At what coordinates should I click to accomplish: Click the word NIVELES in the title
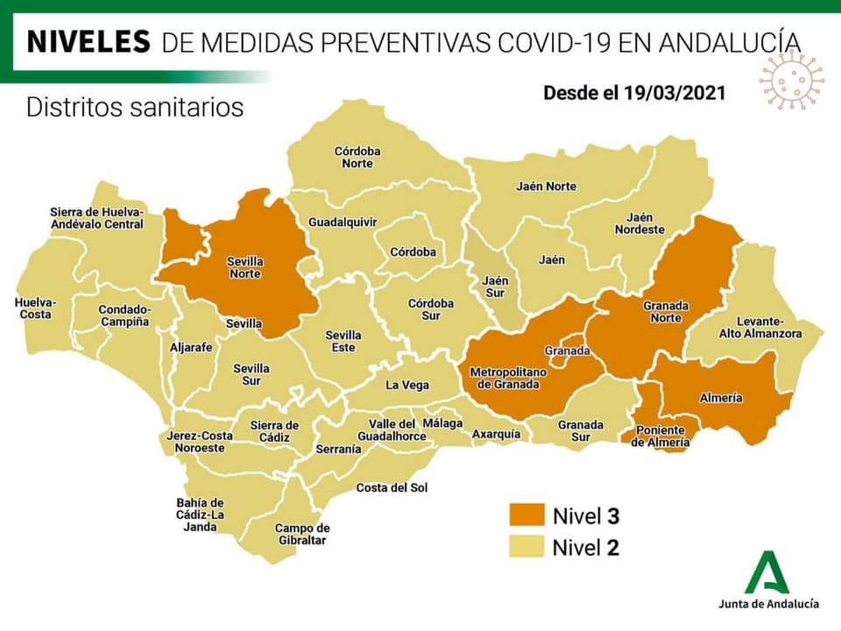[86, 41]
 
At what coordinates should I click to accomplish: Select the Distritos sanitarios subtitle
[135, 108]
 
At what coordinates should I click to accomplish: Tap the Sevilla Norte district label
[245, 267]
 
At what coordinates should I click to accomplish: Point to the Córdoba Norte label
[357, 157]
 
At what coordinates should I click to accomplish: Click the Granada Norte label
[667, 311]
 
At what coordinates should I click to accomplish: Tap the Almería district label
[721, 398]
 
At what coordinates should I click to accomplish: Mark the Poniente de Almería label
[661, 436]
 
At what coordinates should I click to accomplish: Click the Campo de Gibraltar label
[301, 534]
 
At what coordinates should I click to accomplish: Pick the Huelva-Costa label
[35, 308]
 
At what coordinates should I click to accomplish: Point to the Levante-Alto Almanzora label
[760, 326]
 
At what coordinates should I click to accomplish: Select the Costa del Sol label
[386, 487]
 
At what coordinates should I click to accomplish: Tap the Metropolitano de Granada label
[507, 378]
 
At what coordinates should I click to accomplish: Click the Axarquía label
[496, 434]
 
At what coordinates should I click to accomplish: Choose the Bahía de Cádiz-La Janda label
[201, 514]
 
